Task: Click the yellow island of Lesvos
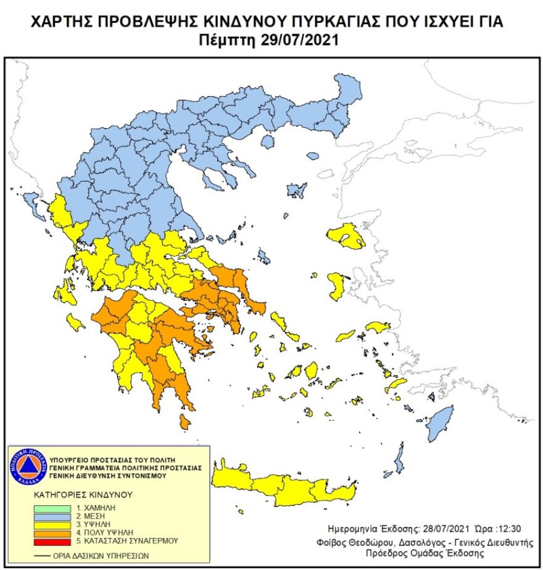pos(347,237)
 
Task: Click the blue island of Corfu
pos(31,203)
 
